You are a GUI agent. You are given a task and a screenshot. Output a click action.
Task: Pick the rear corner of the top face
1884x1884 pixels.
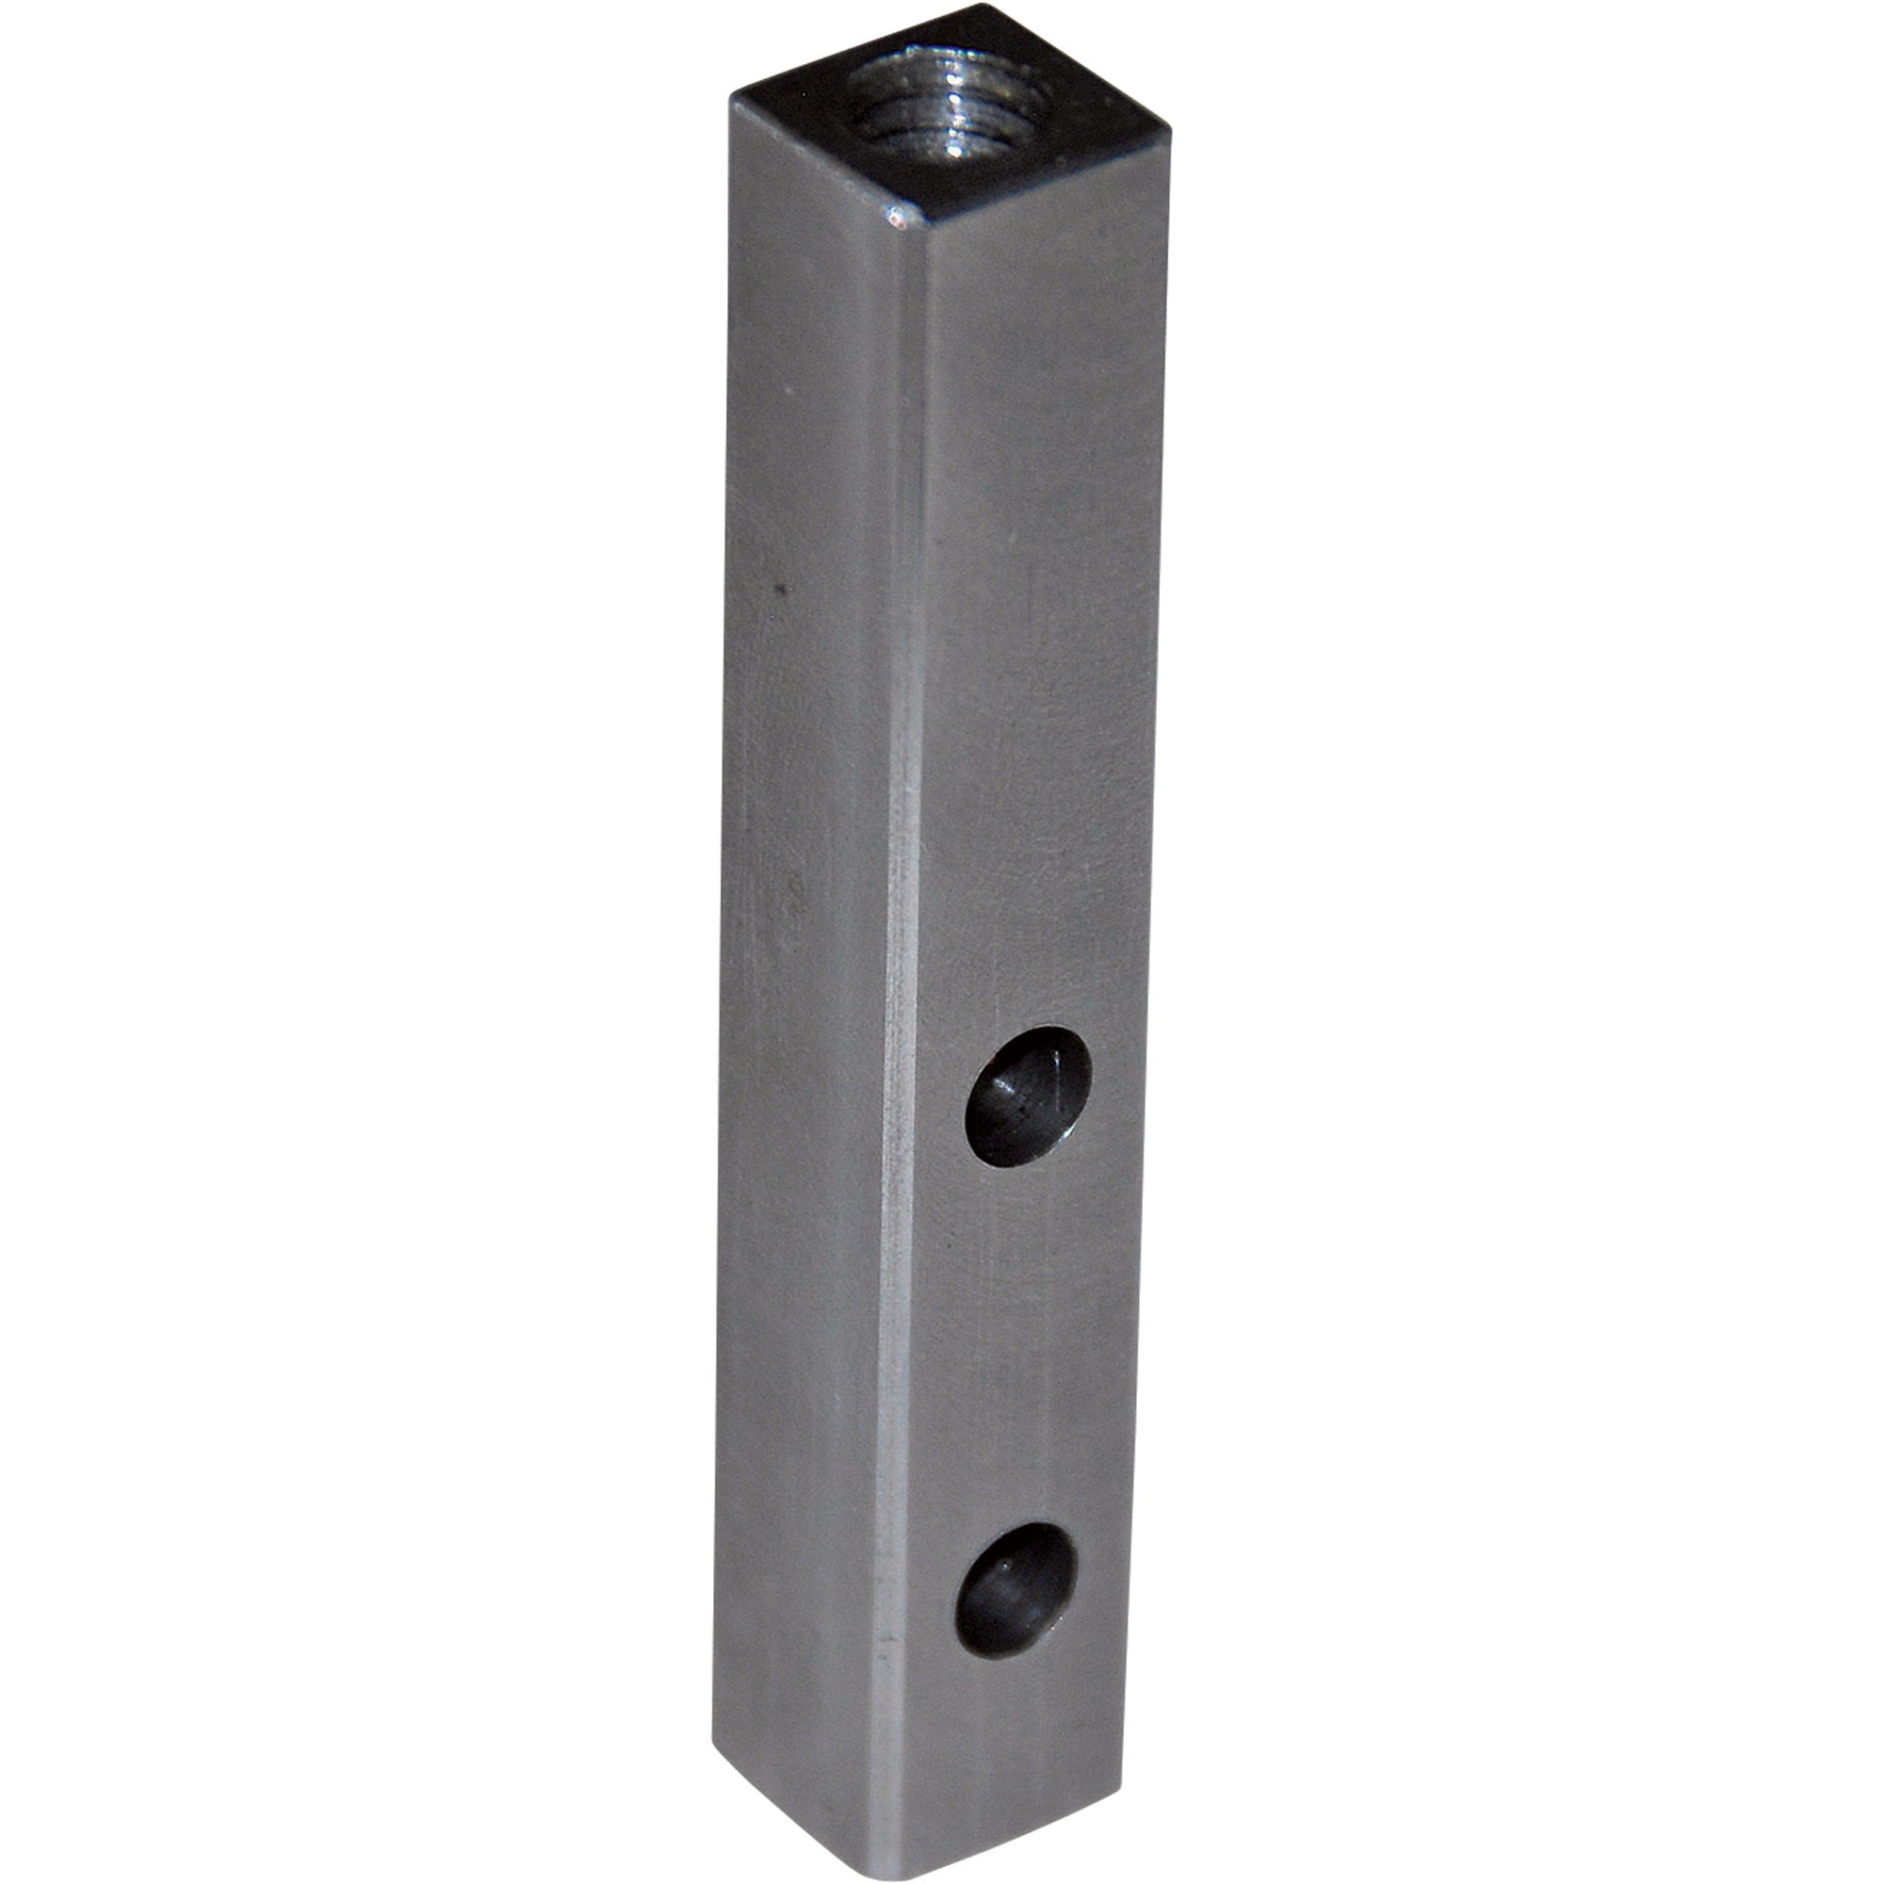pyautogui.click(x=993, y=8)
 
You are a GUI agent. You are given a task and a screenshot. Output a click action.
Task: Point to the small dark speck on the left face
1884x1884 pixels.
pyautogui.click(x=778, y=588)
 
